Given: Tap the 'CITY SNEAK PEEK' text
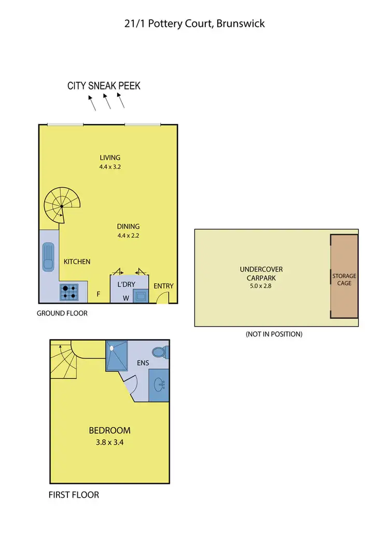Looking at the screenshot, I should click(x=104, y=86).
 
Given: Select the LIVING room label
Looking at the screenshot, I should click(x=110, y=158).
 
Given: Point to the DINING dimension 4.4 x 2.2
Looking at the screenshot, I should click(x=129, y=235).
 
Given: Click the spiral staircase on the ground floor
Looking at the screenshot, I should click(x=61, y=205).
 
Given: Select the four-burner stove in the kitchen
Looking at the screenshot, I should click(x=70, y=292).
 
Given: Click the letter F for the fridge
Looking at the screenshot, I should click(x=99, y=294).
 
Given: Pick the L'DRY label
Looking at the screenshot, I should click(x=126, y=285).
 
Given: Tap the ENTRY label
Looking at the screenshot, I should click(x=164, y=286).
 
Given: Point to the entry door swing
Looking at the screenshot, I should click(x=162, y=298).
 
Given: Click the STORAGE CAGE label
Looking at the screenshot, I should click(x=344, y=279).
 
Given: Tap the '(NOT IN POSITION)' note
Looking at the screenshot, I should click(x=274, y=334).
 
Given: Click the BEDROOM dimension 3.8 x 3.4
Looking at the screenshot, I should click(x=109, y=443).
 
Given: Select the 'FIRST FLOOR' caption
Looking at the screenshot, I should click(x=74, y=495).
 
